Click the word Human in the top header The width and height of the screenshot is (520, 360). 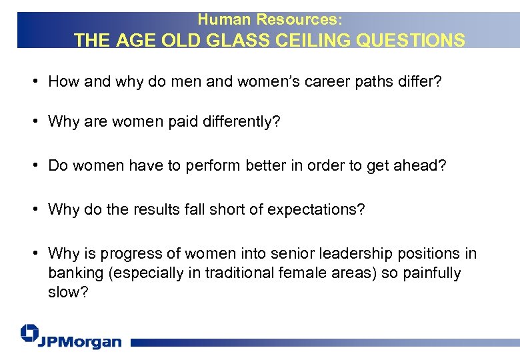coord(219,21)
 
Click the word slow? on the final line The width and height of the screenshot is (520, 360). coord(64,293)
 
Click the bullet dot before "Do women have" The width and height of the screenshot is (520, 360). coord(33,166)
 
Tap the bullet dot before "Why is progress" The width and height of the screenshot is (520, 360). coord(33,253)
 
